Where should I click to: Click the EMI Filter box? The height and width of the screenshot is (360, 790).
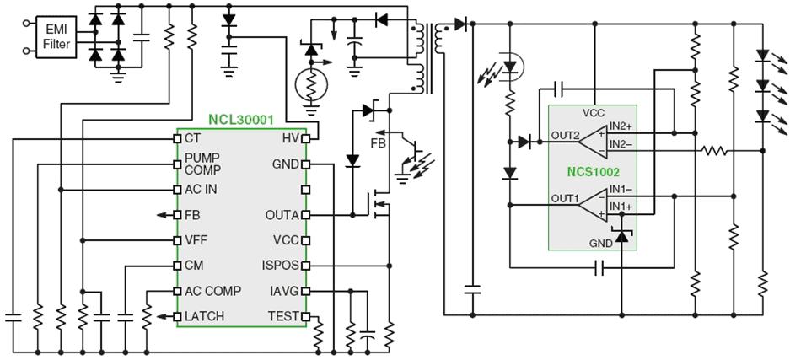[56, 37]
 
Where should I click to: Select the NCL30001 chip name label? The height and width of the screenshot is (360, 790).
[241, 121]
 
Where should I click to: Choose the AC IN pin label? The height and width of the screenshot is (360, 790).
[201, 189]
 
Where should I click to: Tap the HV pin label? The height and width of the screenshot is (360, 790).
[290, 138]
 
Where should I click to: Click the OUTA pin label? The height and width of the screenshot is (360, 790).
[282, 215]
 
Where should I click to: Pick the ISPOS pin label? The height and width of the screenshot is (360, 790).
[280, 266]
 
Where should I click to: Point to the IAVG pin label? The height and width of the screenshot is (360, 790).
[283, 291]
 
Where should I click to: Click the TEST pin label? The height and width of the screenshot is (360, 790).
[283, 316]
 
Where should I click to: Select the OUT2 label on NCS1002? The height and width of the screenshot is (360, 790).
[565, 135]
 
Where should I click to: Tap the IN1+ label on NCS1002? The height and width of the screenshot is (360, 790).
[621, 207]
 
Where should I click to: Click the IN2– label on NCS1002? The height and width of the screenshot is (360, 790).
[621, 145]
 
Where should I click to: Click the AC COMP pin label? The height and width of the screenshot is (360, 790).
[212, 291]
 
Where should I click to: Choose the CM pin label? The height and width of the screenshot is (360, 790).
[193, 266]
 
